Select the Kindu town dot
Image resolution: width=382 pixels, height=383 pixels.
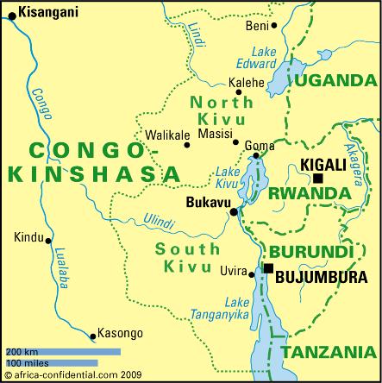point(49,241)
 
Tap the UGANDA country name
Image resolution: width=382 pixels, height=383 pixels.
point(336,80)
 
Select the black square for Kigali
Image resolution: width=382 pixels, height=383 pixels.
point(318,179)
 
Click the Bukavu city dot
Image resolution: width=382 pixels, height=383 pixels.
point(233,211)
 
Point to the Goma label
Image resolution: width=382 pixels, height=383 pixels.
point(260,146)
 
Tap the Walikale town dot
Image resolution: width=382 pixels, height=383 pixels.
point(186,145)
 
